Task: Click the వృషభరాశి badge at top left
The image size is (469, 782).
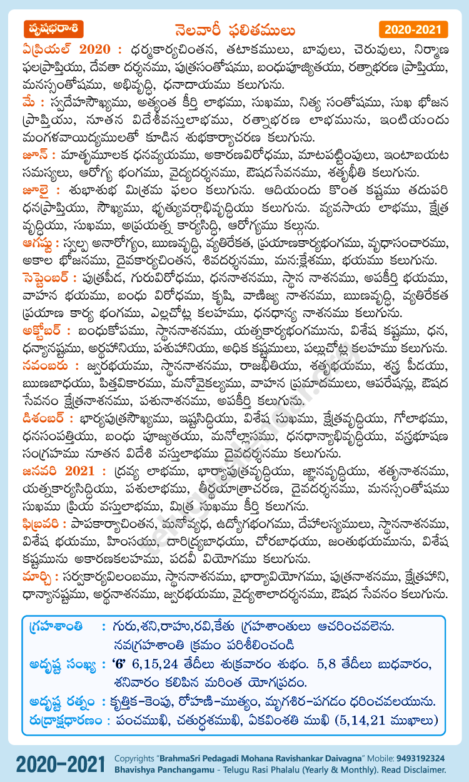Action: pyautogui.click(x=53, y=29)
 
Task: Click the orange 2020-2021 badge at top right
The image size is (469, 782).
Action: pyautogui.click(x=413, y=29)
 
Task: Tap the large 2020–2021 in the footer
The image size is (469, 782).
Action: pyautogui.click(x=60, y=763)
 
